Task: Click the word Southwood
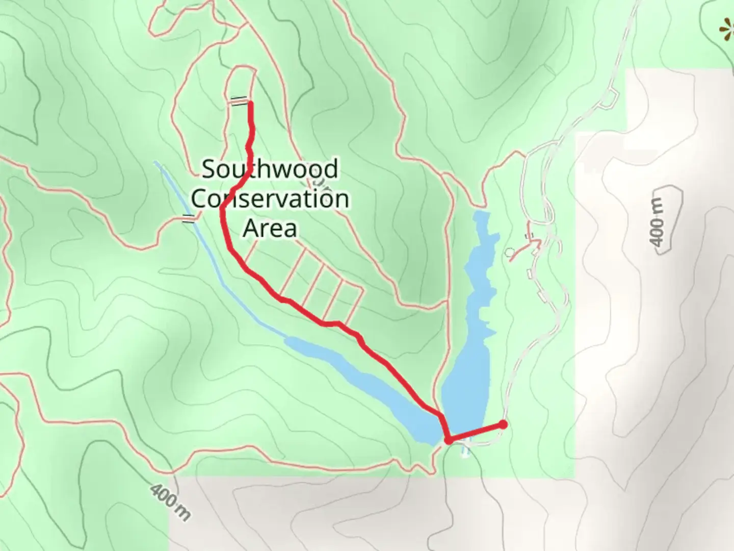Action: pyautogui.click(x=270, y=169)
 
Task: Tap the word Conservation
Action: pyautogui.click(x=270, y=198)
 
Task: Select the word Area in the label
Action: pyautogui.click(x=270, y=228)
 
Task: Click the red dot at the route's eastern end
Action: pyautogui.click(x=503, y=424)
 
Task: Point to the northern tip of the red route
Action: pyautogui.click(x=250, y=104)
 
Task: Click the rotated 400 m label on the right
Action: pyautogui.click(x=658, y=222)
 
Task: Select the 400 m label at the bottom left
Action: pyautogui.click(x=170, y=502)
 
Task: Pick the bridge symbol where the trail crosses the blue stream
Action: pyautogui.click(x=189, y=219)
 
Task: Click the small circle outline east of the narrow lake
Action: pyautogui.click(x=509, y=252)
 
